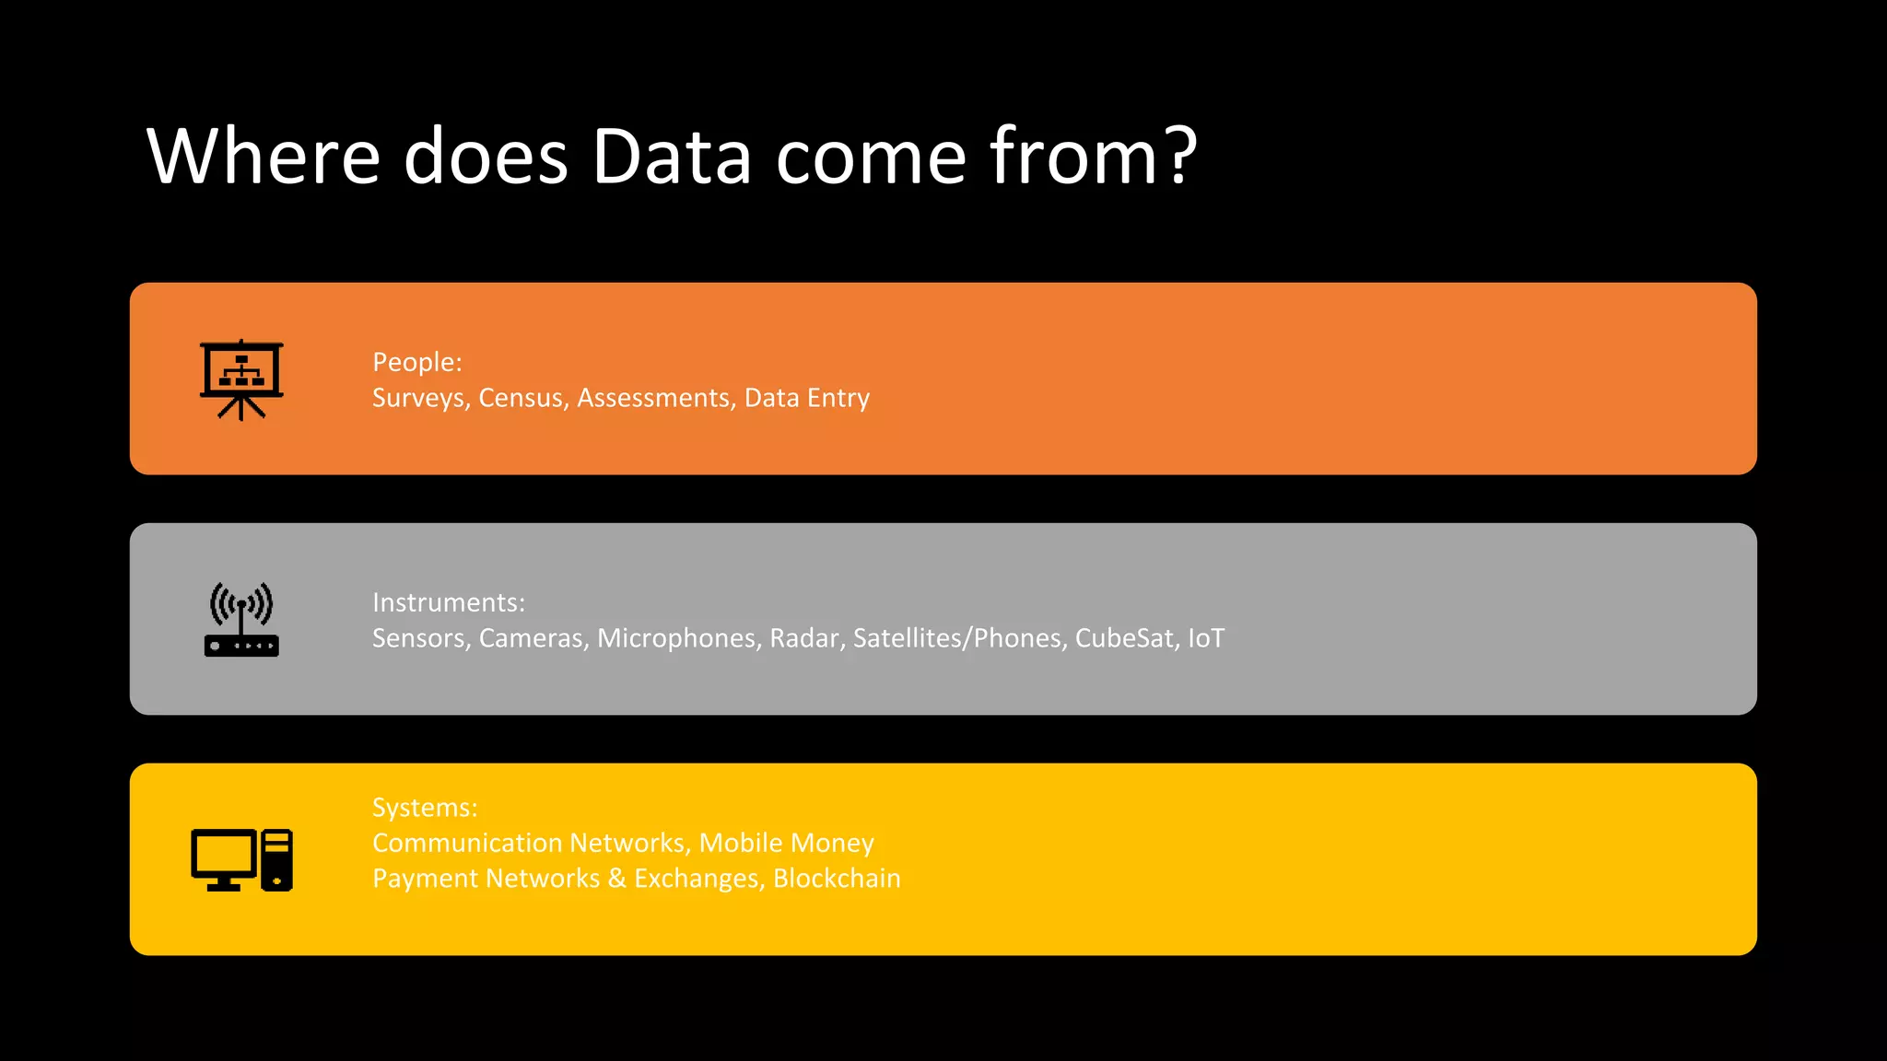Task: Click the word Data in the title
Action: (x=671, y=157)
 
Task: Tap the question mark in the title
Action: (x=1178, y=155)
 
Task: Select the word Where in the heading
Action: (x=263, y=157)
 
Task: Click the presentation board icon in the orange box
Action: (x=241, y=379)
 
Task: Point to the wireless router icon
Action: (x=241, y=619)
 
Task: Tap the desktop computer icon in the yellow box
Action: (x=241, y=859)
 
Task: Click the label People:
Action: (x=416, y=362)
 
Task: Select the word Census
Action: (x=522, y=398)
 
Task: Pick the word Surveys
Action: (x=421, y=398)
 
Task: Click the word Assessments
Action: (x=655, y=398)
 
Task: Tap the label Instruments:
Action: (x=449, y=602)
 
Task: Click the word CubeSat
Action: (x=1125, y=638)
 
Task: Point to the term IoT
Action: (x=1206, y=638)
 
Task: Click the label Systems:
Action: (x=425, y=808)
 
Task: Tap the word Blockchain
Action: (x=837, y=879)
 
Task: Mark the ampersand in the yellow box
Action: (x=616, y=879)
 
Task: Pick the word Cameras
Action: (x=532, y=638)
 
